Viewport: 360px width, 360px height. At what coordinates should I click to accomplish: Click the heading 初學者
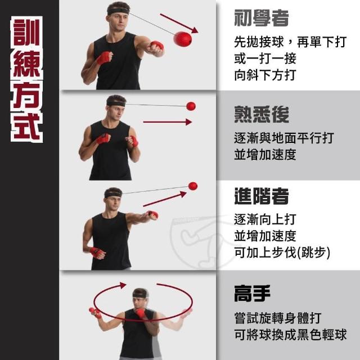(261, 18)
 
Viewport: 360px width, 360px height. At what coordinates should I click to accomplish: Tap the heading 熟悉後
(261, 114)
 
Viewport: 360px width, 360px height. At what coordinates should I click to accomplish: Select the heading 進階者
(261, 196)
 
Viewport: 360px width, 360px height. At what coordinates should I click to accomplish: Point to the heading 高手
(252, 293)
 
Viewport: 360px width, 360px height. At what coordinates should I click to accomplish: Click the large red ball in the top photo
(182, 39)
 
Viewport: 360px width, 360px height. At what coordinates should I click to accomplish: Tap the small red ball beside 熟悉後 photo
(191, 106)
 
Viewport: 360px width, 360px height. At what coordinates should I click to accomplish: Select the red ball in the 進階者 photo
(193, 186)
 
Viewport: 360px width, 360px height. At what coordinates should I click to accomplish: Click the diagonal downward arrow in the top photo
(179, 23)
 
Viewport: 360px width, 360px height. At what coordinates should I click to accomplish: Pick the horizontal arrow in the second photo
(168, 122)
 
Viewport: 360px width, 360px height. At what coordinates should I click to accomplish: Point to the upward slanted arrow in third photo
(164, 199)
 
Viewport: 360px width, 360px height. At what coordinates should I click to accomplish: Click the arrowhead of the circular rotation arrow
(123, 285)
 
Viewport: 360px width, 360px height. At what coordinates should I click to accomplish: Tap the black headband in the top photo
(118, 11)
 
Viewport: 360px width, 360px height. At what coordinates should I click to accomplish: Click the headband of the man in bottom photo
(140, 294)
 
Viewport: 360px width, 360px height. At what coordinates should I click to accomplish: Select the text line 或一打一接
(265, 58)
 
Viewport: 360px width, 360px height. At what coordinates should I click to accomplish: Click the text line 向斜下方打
(265, 75)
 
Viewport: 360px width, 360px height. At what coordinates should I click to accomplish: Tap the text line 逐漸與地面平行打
(284, 138)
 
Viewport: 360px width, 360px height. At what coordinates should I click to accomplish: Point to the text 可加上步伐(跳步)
(282, 253)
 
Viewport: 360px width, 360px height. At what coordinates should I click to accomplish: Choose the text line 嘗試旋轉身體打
(278, 318)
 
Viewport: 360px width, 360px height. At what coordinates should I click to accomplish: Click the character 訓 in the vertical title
(26, 33)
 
